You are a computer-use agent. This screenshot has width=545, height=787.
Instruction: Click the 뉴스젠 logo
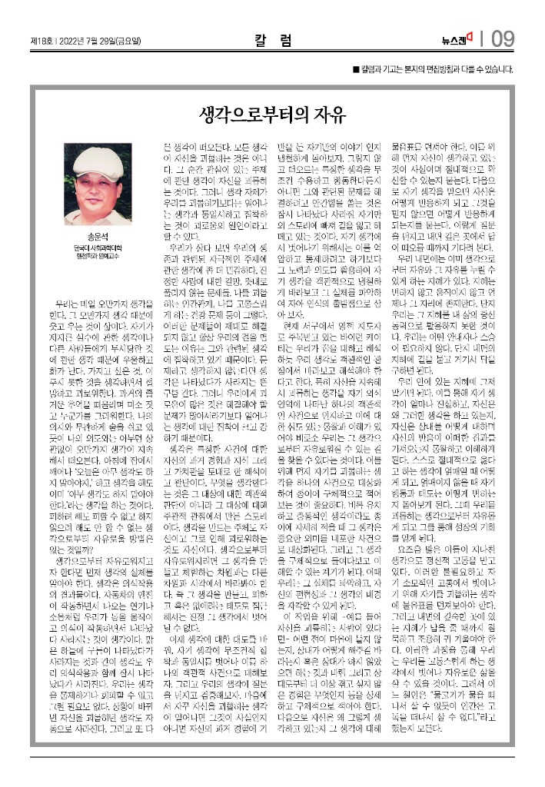457,39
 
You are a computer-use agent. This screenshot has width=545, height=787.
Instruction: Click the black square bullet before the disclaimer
354,70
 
